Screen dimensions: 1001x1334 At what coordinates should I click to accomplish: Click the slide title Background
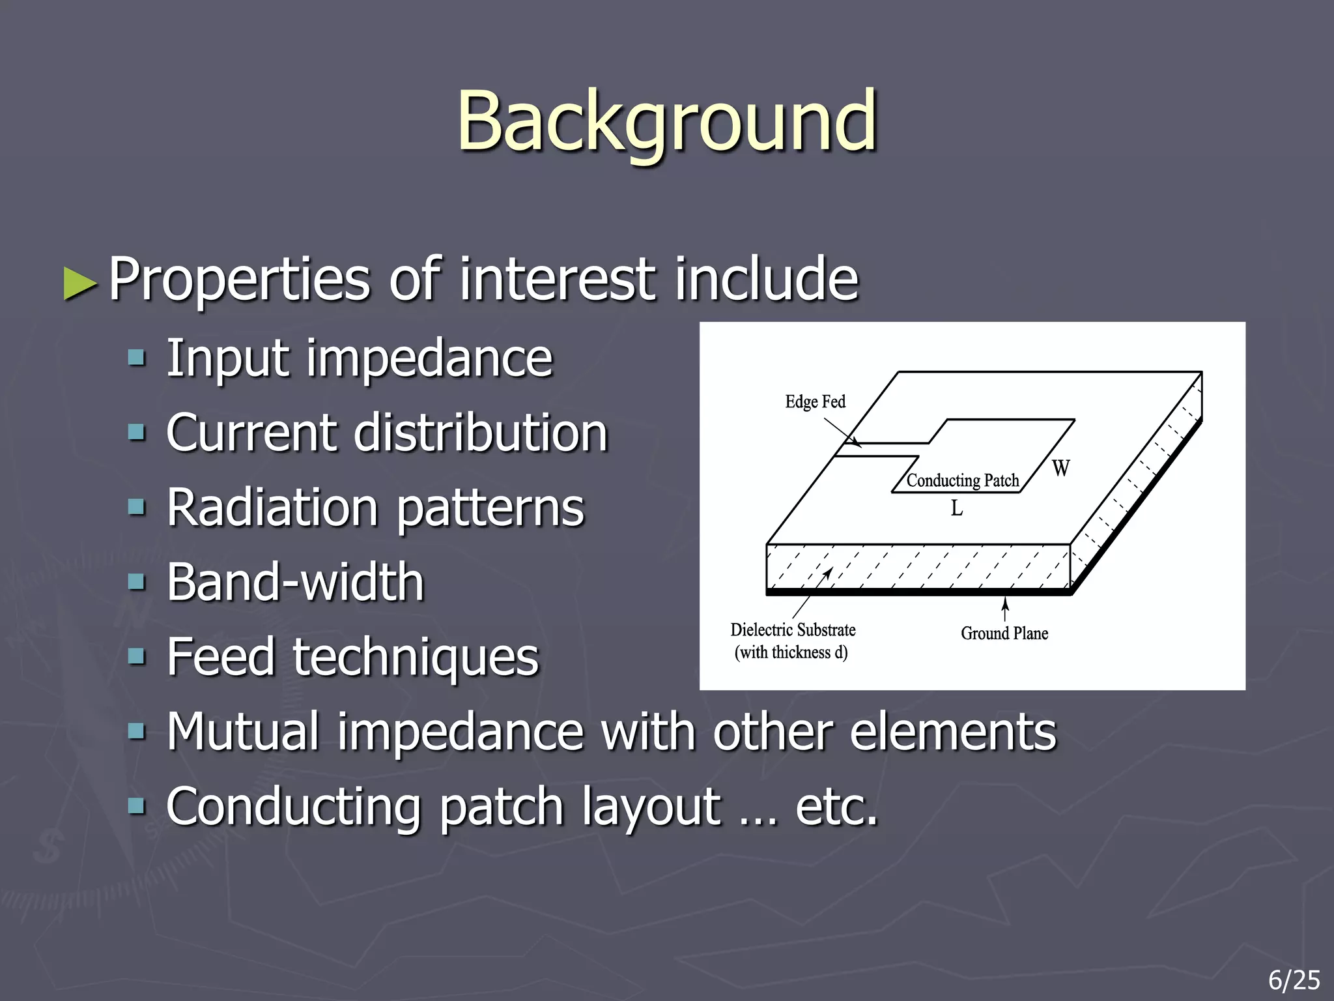click(x=666, y=123)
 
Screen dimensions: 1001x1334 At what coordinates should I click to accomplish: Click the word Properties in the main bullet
click(x=239, y=280)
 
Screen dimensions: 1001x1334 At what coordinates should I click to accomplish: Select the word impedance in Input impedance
click(x=429, y=358)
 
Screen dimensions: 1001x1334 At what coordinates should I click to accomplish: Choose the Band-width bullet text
click(x=295, y=583)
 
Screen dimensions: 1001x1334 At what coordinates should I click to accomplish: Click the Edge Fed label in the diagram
click(x=815, y=402)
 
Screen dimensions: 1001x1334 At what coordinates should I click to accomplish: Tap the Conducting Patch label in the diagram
click(x=962, y=481)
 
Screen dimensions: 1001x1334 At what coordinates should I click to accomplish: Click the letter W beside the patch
click(x=1060, y=469)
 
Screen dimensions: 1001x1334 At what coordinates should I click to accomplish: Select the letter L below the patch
click(x=956, y=508)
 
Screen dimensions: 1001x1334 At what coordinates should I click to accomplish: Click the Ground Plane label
click(x=1004, y=633)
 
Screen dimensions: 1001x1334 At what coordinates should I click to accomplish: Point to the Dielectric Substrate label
click(x=793, y=630)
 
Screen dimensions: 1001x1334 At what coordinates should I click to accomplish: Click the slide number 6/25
click(x=1294, y=980)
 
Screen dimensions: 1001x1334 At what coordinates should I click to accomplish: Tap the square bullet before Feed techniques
click(x=137, y=656)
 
